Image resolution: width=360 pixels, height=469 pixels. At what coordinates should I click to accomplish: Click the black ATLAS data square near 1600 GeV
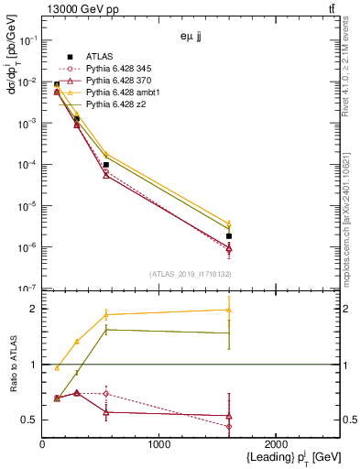coord(229,236)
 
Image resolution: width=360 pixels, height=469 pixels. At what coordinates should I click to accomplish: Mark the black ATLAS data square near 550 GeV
coord(106,165)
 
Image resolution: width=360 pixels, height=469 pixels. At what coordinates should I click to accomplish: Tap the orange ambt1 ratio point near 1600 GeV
coord(229,310)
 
